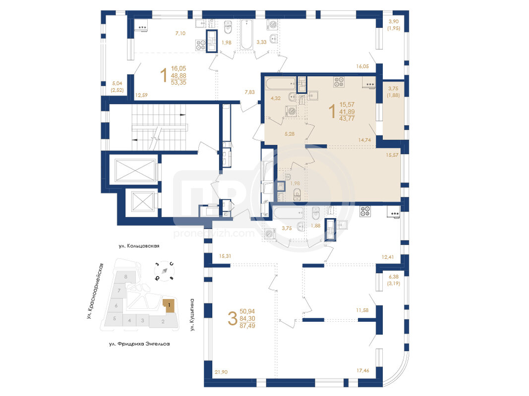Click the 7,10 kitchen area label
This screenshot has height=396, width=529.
tap(180, 33)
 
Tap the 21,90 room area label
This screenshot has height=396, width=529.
tap(221, 372)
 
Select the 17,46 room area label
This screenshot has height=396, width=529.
tap(363, 370)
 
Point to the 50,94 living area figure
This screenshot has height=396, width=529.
tap(247, 311)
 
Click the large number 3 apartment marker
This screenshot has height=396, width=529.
tap(233, 319)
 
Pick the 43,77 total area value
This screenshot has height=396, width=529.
tap(347, 118)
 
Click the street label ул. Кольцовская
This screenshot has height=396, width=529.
tap(139, 246)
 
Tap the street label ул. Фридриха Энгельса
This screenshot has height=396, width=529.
tap(140, 344)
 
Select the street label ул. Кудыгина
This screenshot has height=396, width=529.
tap(192, 314)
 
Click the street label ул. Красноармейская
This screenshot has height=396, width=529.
tap(95, 291)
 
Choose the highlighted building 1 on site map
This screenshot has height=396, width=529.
tap(169, 306)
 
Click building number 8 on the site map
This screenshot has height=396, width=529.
tap(126, 277)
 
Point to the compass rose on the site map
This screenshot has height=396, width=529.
tap(164, 271)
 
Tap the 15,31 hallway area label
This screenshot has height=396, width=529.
tap(225, 256)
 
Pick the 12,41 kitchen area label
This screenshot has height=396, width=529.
tap(388, 257)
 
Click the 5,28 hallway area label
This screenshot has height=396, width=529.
tap(290, 134)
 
